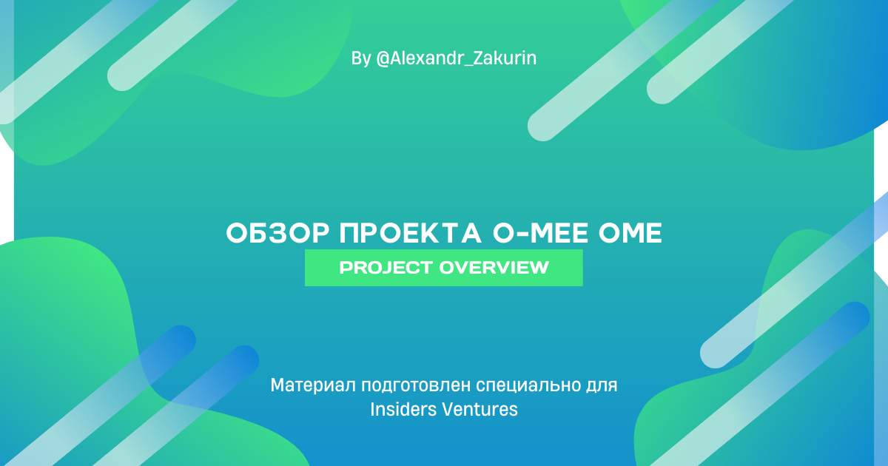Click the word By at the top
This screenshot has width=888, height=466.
click(x=361, y=58)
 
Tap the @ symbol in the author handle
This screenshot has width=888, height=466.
click(x=383, y=58)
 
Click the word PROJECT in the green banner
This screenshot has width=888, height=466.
click(x=386, y=268)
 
